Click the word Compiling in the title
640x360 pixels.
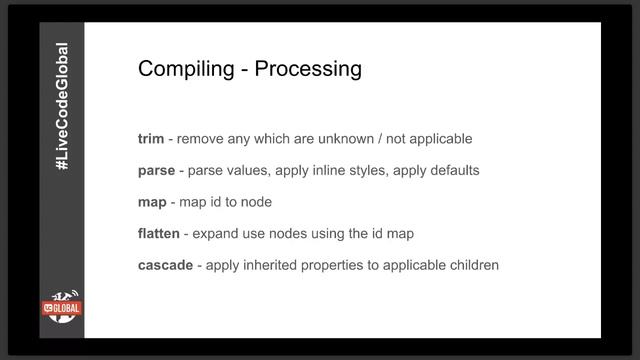[x=183, y=70]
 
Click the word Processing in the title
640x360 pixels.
[x=308, y=70]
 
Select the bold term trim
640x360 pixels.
[x=151, y=139]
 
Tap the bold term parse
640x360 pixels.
[x=156, y=171]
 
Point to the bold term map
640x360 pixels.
[x=152, y=202]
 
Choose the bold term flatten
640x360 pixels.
[x=159, y=233]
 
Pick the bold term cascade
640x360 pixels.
[x=166, y=265]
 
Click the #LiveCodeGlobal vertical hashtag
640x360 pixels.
[x=62, y=119]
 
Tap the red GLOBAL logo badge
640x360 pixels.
[x=62, y=309]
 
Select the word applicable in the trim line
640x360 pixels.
[x=437, y=139]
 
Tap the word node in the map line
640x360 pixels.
[x=256, y=202]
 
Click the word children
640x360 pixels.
[x=472, y=265]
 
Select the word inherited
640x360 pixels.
[x=273, y=265]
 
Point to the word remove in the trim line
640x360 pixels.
[x=201, y=139]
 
